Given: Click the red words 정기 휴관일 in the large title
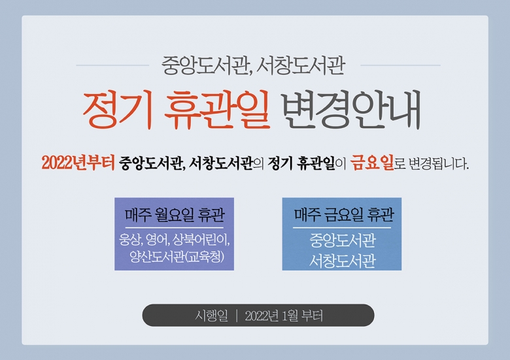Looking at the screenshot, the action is pyautogui.click(x=176, y=109).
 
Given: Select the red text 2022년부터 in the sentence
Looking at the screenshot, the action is pyautogui.click(x=78, y=163).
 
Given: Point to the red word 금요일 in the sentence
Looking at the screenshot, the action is pyautogui.click(x=372, y=163).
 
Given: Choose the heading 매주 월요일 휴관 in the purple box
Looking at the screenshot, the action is pyautogui.click(x=175, y=215).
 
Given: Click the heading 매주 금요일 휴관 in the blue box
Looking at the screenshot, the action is pyautogui.click(x=344, y=214).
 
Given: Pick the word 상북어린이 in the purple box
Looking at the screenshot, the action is pyautogui.click(x=201, y=240).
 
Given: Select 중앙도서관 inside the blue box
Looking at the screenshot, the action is pyautogui.click(x=343, y=240).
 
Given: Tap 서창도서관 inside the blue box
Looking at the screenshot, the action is pyautogui.click(x=343, y=261).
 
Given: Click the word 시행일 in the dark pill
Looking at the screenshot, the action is pyautogui.click(x=212, y=316).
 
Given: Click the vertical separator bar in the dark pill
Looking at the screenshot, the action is pyautogui.click(x=237, y=316).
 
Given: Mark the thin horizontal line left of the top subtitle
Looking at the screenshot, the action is pyautogui.click(x=112, y=65).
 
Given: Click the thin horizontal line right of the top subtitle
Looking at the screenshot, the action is pyautogui.click(x=400, y=65).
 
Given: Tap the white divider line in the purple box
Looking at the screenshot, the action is pyautogui.click(x=174, y=228).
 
